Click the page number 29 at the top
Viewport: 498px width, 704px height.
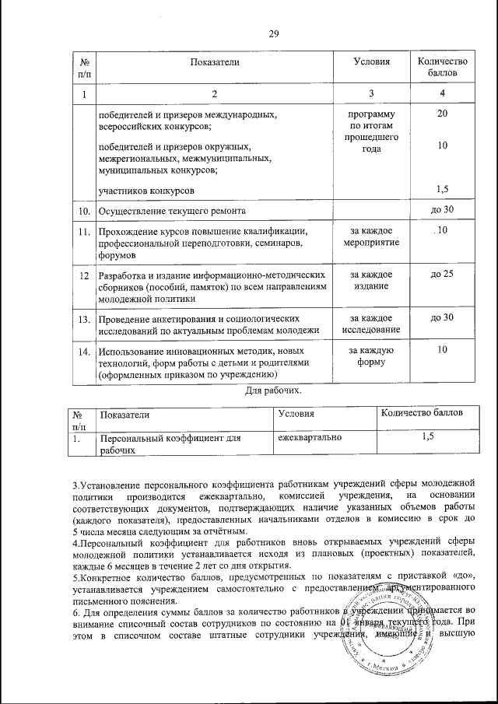pos(273,33)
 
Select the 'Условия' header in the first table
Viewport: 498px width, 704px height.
pos(370,61)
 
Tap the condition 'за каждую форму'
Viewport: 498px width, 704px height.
pos(371,356)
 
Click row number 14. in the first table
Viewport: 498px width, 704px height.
pos(82,351)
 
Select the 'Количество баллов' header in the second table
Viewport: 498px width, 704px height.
pos(421,411)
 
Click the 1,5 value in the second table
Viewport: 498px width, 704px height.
pos(427,439)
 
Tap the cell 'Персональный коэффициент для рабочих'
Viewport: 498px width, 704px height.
pos(167,444)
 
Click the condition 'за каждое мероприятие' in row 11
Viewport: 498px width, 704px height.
pos(371,236)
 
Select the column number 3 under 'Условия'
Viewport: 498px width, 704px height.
pos(371,94)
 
